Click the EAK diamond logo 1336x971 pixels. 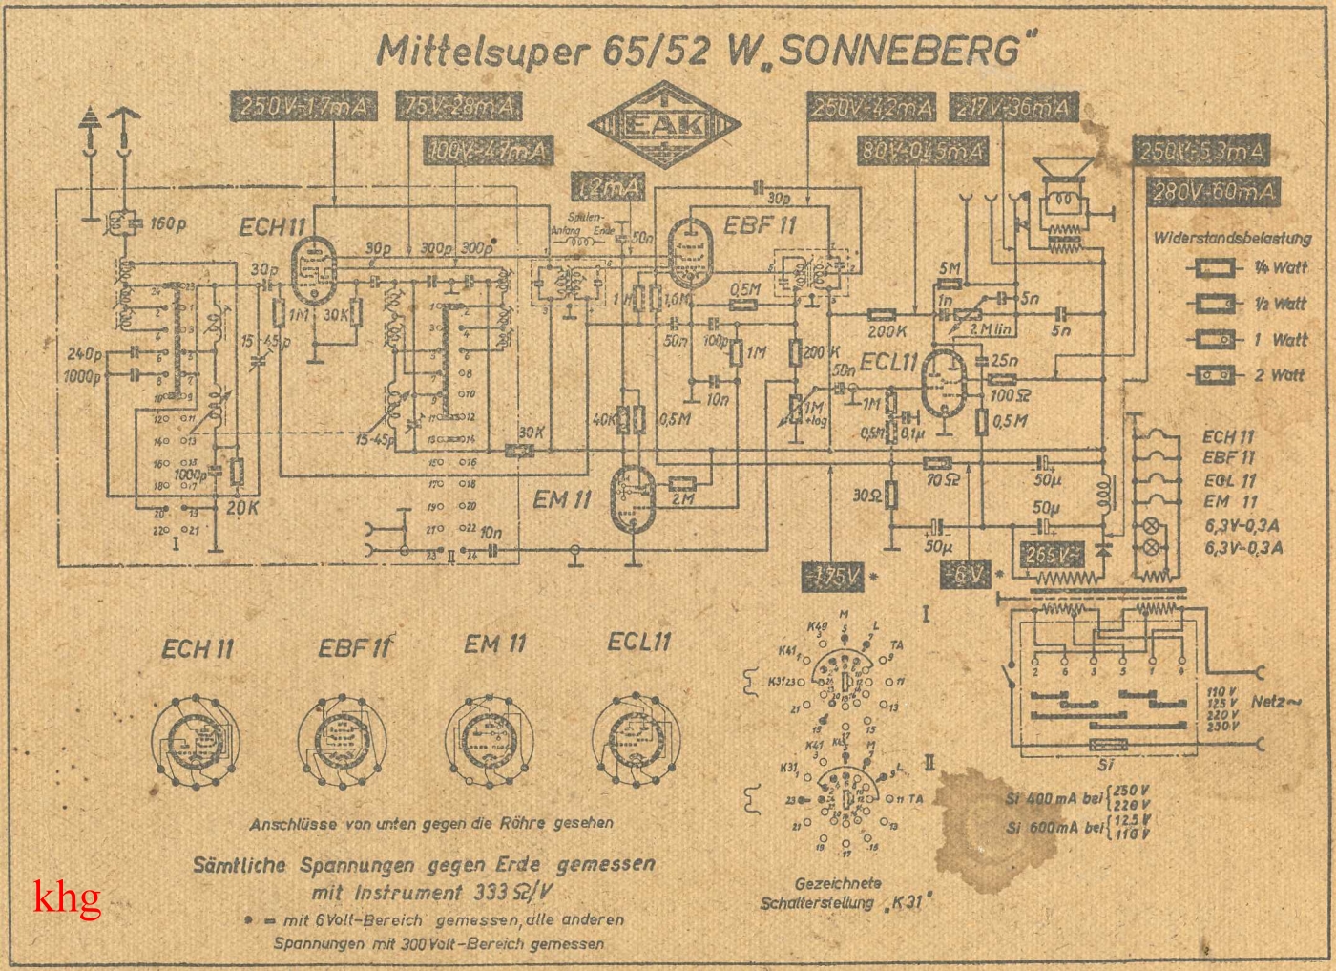[664, 125]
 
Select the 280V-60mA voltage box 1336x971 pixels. [1213, 192]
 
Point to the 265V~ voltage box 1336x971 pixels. [1053, 555]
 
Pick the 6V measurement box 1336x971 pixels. [968, 574]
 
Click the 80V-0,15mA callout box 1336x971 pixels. [921, 150]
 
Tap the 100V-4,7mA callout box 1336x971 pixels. [487, 150]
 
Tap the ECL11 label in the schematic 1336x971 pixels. [887, 363]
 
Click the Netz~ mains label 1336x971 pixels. [1276, 702]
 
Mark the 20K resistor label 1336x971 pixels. [242, 508]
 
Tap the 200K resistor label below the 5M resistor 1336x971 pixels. [887, 330]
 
